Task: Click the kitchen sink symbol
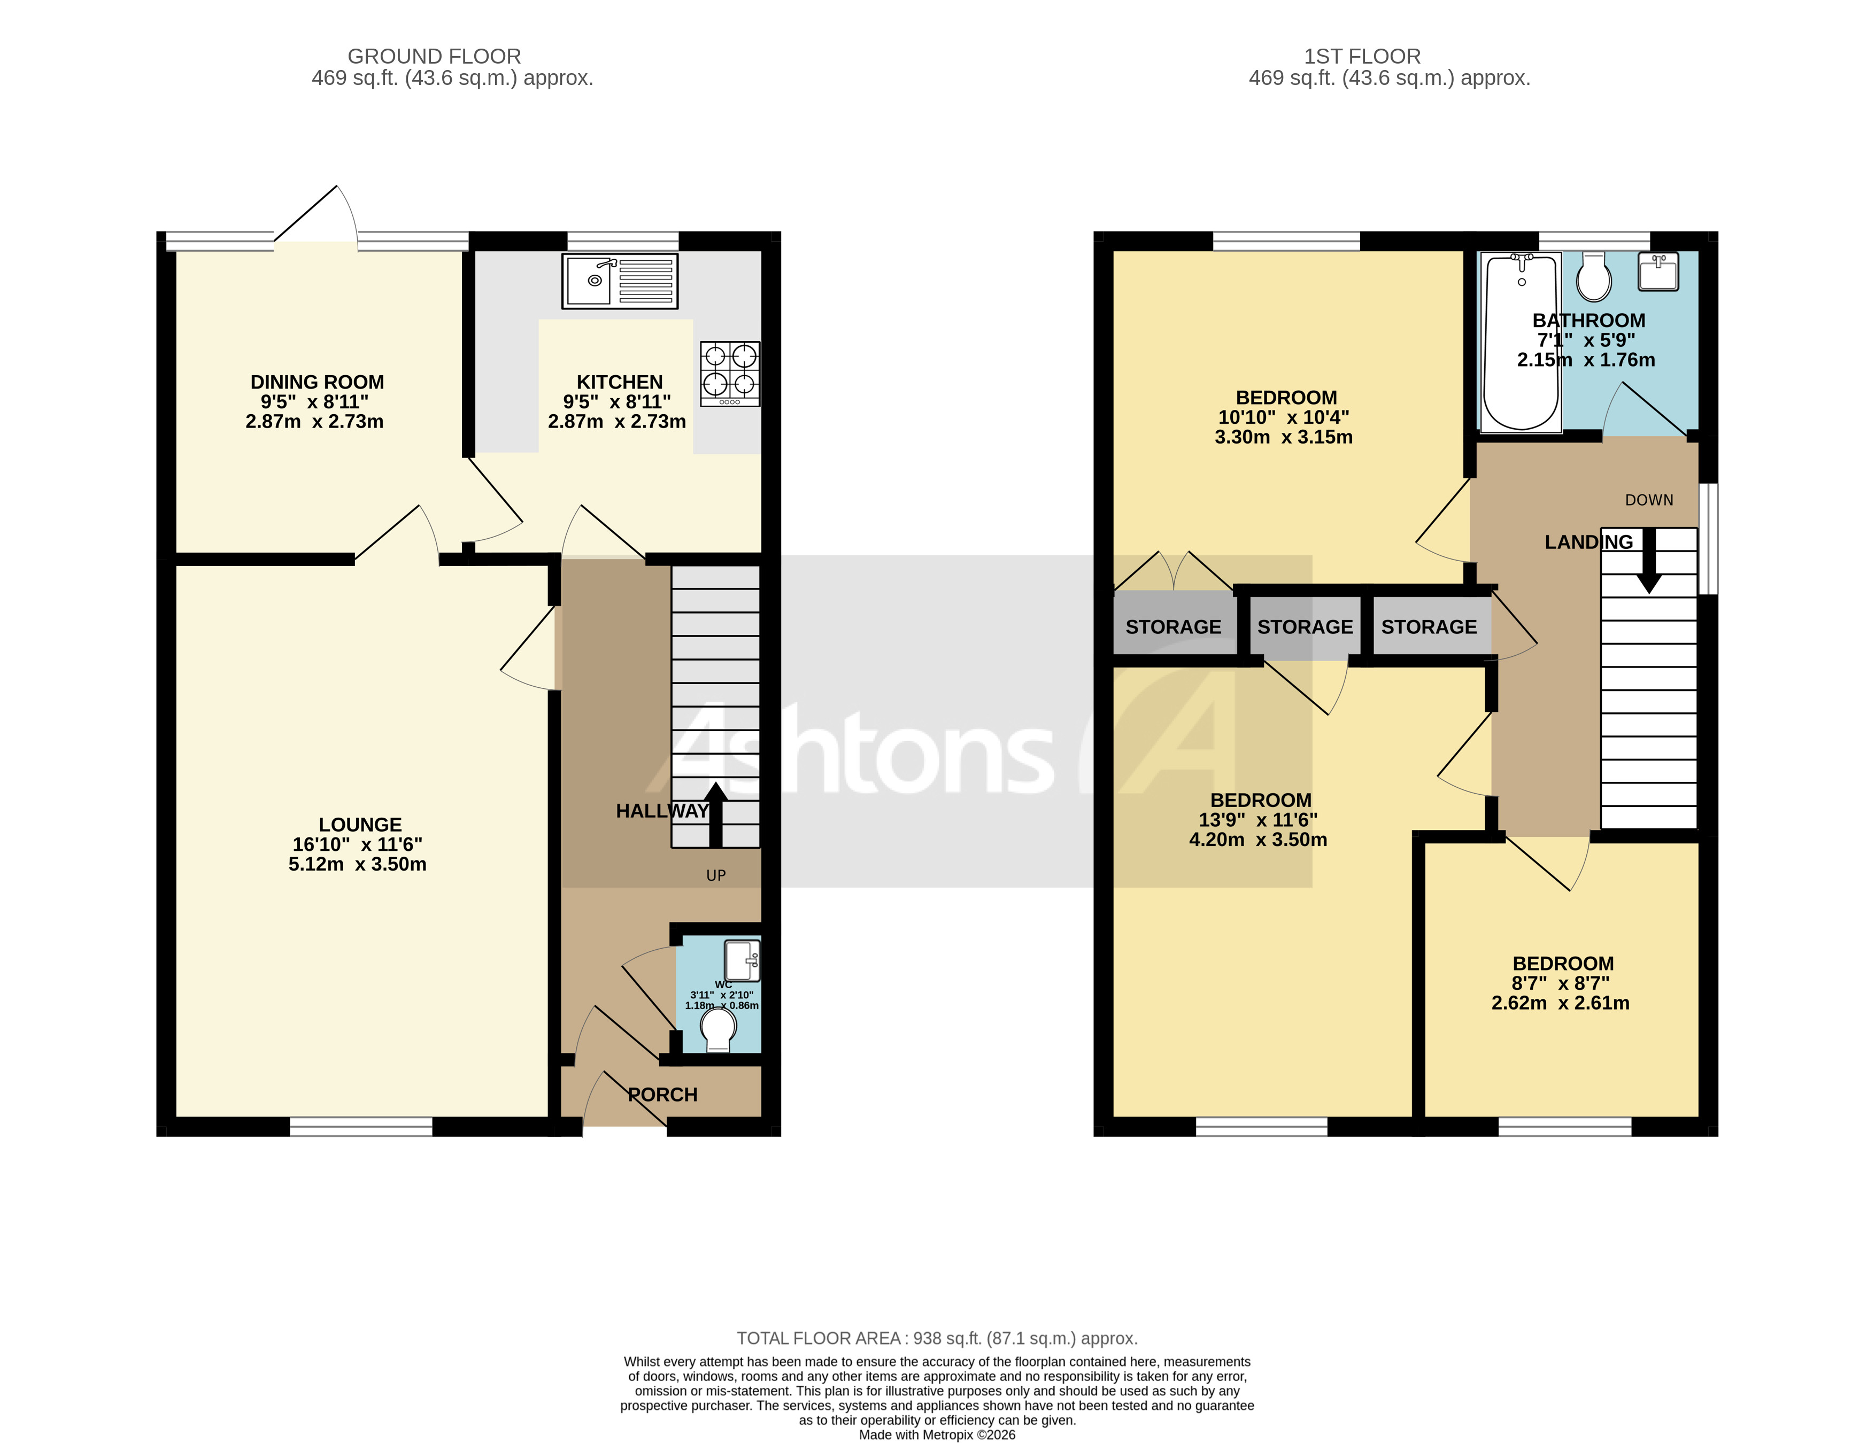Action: pos(619,281)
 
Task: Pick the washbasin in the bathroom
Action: pos(1658,272)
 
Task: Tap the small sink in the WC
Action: pos(742,960)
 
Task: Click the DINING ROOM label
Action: pos(317,382)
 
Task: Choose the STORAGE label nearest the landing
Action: pos(1429,627)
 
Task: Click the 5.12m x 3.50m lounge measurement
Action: pos(357,864)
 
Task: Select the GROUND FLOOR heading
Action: pos(434,57)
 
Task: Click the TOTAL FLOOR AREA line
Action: pos(937,1338)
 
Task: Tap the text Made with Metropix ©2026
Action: pos(937,1434)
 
